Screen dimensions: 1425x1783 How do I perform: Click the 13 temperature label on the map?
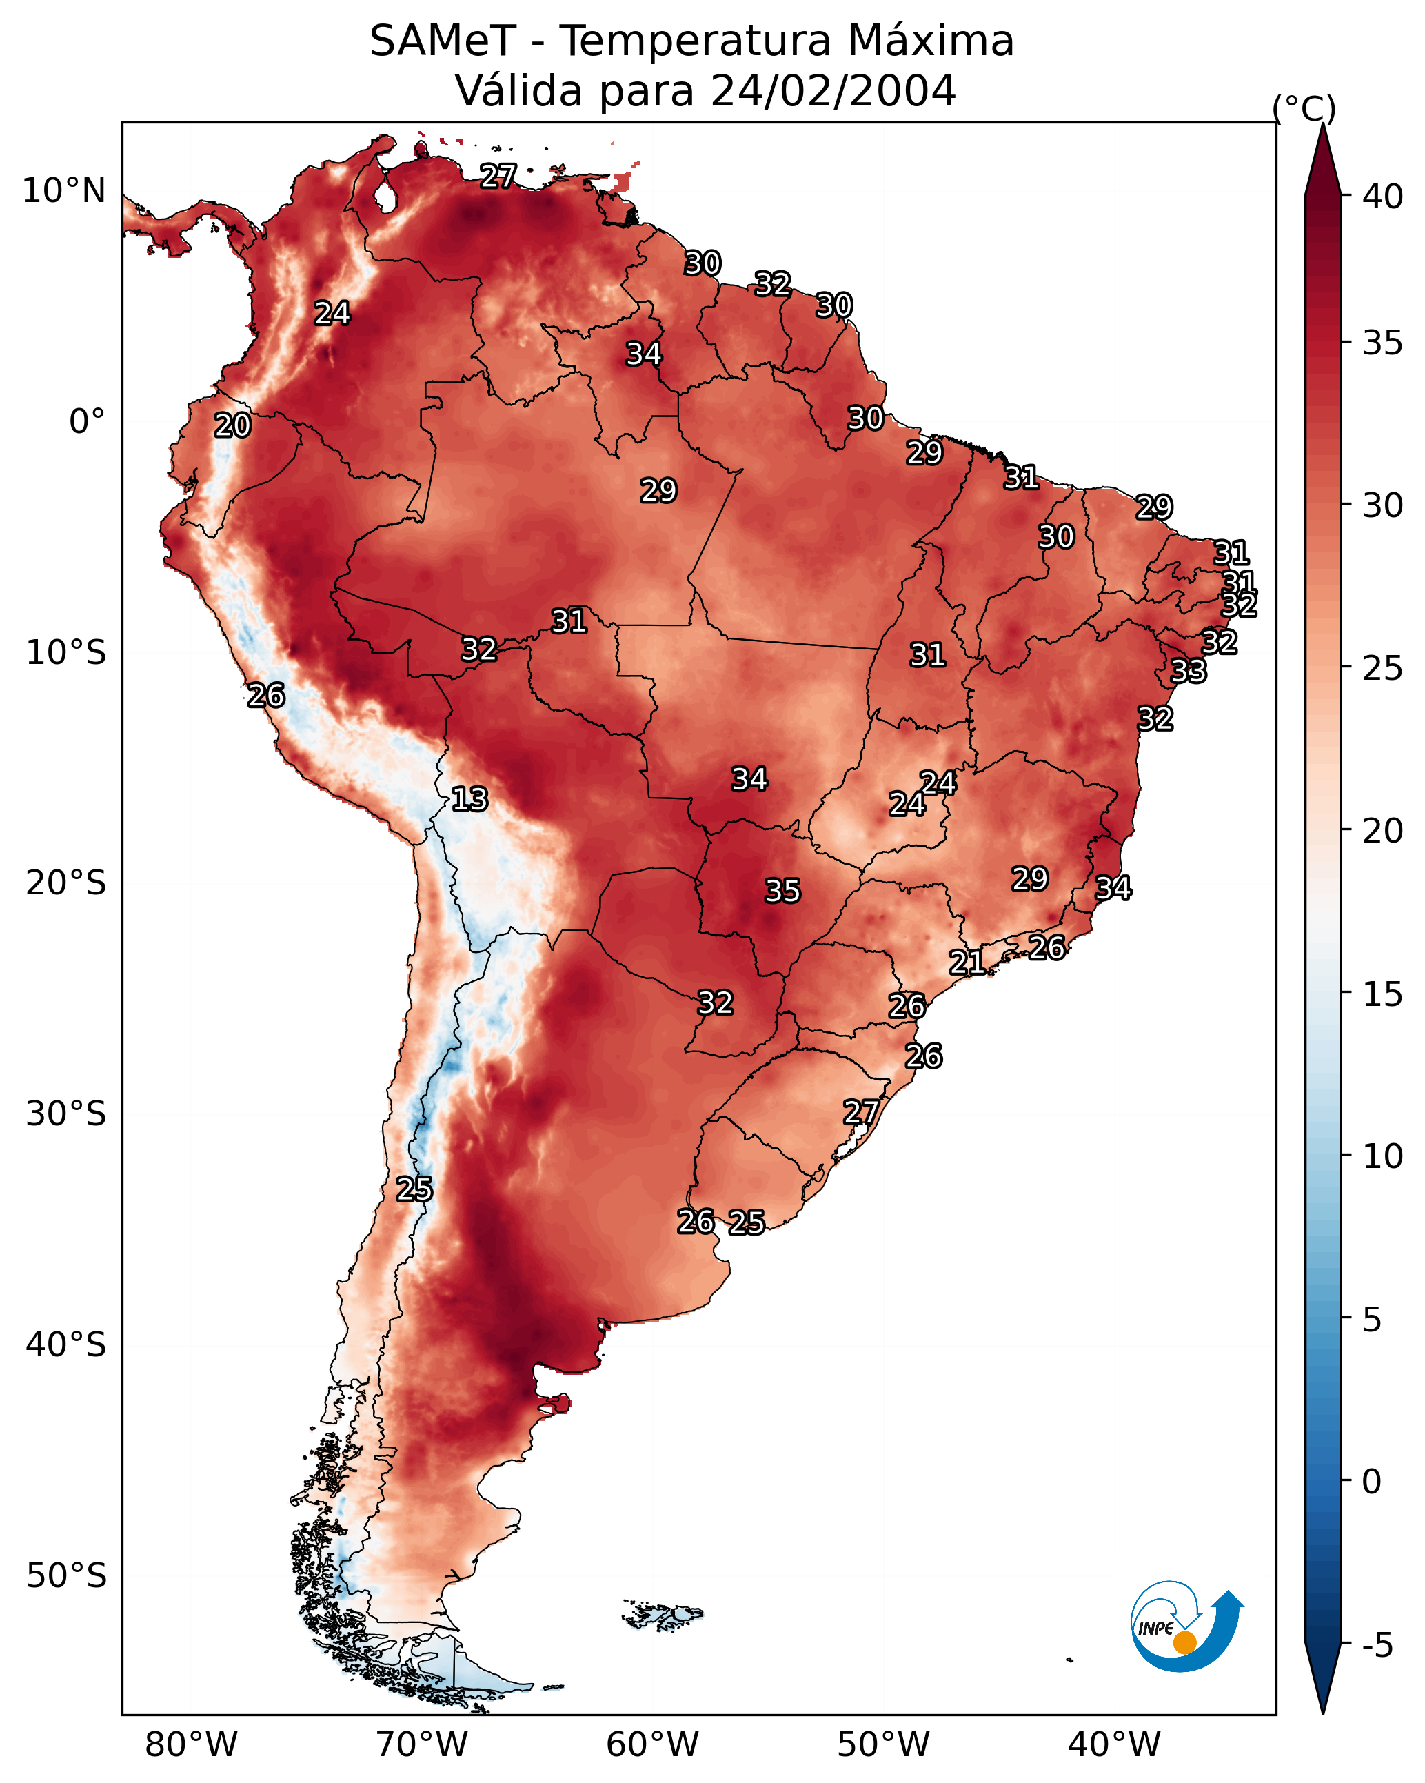469,800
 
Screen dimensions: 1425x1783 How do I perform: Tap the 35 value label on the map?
782,891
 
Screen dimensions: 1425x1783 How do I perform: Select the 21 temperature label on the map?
966,963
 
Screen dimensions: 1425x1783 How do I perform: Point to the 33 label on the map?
1189,672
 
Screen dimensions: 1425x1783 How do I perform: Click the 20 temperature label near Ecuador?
232,426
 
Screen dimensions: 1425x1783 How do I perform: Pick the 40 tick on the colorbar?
1383,197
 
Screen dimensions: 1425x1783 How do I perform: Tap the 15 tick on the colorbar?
1383,994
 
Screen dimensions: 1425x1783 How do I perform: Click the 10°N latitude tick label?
63,191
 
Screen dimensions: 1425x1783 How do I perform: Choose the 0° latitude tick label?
88,422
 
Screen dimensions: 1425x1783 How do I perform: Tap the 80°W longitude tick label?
191,1745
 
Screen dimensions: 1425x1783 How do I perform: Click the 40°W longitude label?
1114,1745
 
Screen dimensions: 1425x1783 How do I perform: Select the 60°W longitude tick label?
653,1745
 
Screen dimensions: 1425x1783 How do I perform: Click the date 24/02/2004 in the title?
833,91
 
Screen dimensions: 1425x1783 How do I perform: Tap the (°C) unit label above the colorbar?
1304,108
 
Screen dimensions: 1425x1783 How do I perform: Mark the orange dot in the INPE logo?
1184,1643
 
